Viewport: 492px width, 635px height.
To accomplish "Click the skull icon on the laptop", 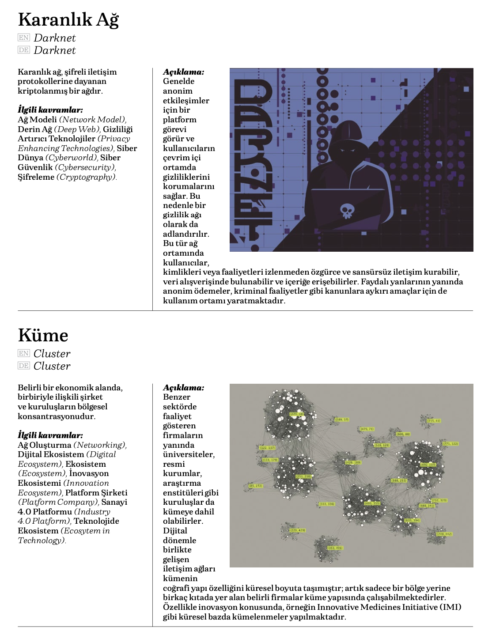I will coord(347,211).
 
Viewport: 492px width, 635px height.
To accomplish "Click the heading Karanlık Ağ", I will coord(68,19).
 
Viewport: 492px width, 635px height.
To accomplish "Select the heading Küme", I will coord(43,335).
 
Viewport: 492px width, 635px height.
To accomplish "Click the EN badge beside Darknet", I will coord(24,38).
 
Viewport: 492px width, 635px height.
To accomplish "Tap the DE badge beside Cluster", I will coord(24,366).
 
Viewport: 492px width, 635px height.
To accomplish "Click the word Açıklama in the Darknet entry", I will coord(183,72).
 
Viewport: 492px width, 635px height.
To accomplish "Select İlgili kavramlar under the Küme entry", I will coord(50,435).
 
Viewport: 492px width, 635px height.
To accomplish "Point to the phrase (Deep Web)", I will coord(77,129).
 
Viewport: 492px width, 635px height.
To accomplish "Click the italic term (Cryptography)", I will coord(87,177).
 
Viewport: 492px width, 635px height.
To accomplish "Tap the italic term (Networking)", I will coord(100,445).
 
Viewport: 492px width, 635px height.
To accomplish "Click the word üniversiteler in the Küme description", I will coord(189,454).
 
